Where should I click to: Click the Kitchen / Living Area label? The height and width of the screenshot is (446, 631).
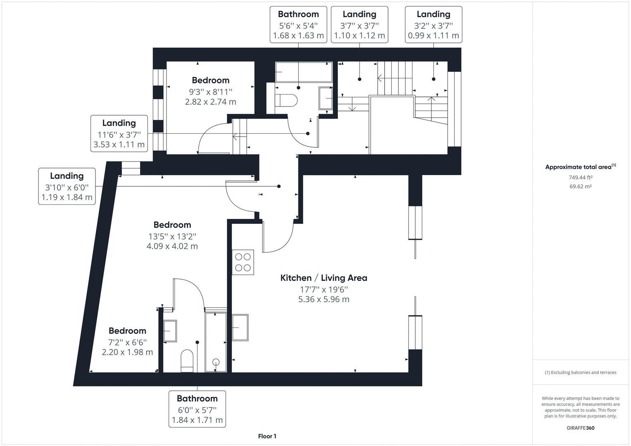324,278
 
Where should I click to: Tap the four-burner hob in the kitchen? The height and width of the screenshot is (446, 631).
243,262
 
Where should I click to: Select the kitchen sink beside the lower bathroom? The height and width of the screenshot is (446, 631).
240,327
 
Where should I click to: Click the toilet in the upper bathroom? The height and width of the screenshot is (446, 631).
286,100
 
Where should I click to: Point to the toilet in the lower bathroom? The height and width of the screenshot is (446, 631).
187,360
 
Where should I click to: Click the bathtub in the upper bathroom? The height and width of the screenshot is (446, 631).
304,72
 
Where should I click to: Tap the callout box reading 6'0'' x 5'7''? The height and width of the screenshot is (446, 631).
197,409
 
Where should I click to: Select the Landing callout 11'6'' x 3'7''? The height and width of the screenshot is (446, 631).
119,133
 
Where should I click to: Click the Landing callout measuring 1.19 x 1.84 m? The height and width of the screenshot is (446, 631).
67,186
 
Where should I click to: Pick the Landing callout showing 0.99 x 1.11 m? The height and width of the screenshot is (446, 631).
433,25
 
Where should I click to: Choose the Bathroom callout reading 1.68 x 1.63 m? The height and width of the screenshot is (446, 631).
298,25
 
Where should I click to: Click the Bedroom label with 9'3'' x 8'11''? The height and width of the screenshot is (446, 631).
210,90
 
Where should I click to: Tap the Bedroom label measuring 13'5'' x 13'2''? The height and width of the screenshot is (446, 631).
172,235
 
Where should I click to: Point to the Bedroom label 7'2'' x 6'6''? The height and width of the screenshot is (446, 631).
127,341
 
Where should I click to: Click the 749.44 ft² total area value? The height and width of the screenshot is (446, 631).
581,178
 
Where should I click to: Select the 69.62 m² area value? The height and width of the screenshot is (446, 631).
581,187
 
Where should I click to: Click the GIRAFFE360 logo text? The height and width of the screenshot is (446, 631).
580,428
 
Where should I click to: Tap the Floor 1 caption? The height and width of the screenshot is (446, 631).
267,436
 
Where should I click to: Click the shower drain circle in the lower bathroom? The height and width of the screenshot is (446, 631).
216,362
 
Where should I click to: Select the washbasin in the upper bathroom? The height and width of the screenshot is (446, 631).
326,98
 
